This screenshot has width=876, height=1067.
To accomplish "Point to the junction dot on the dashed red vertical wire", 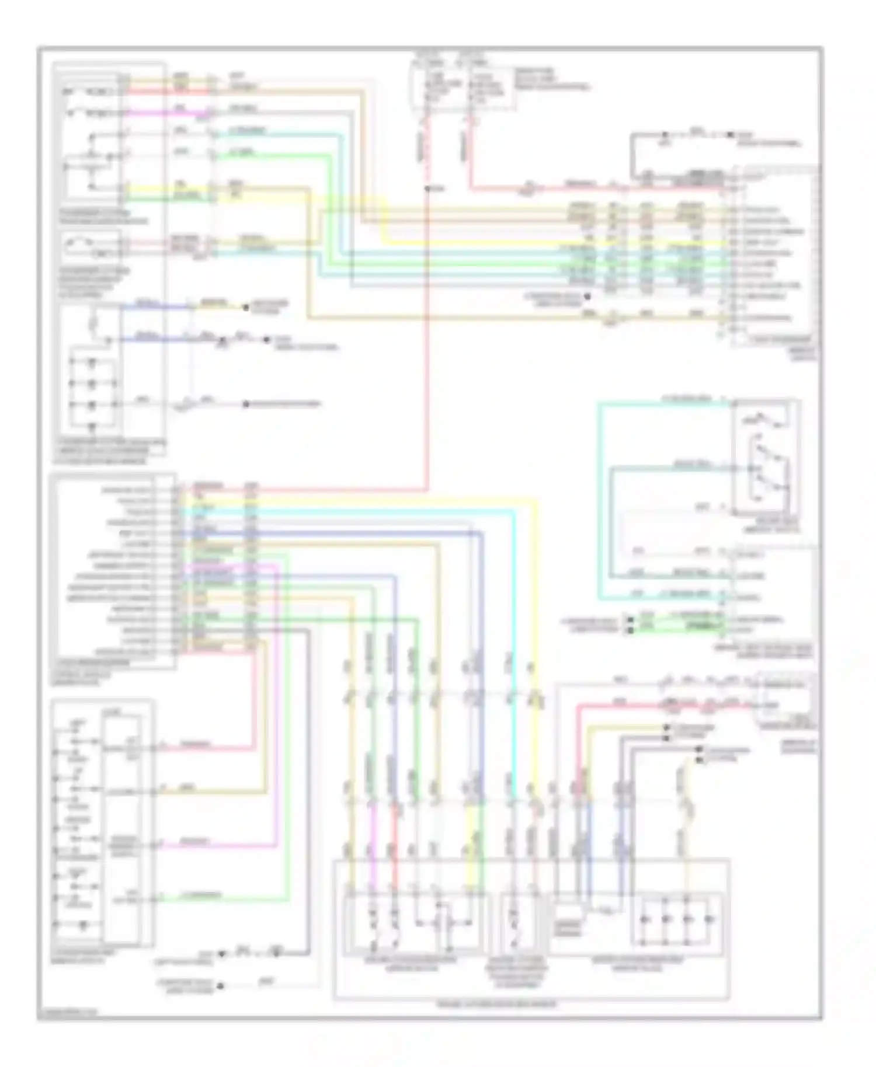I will click(428, 189).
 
